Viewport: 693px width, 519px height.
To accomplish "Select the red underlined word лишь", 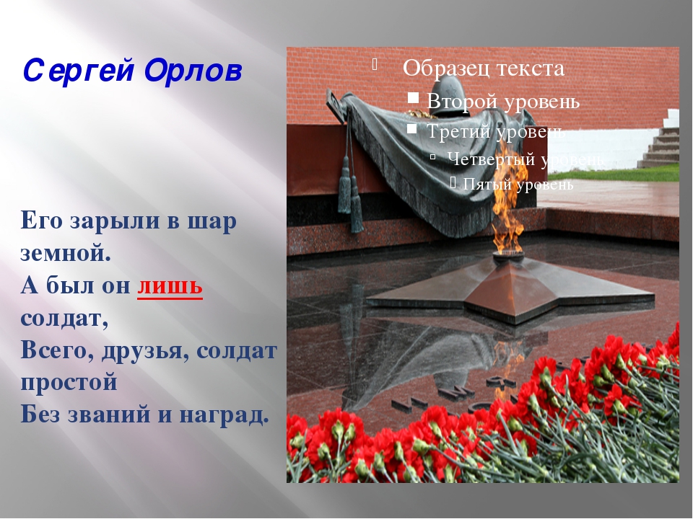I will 170,285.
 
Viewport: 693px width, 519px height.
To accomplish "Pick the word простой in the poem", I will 69,381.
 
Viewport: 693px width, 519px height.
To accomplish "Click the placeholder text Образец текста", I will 484,68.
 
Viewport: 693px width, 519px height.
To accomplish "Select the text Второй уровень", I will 503,102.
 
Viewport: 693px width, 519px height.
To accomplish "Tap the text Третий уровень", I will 495,130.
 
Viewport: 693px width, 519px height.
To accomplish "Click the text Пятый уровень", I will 518,185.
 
